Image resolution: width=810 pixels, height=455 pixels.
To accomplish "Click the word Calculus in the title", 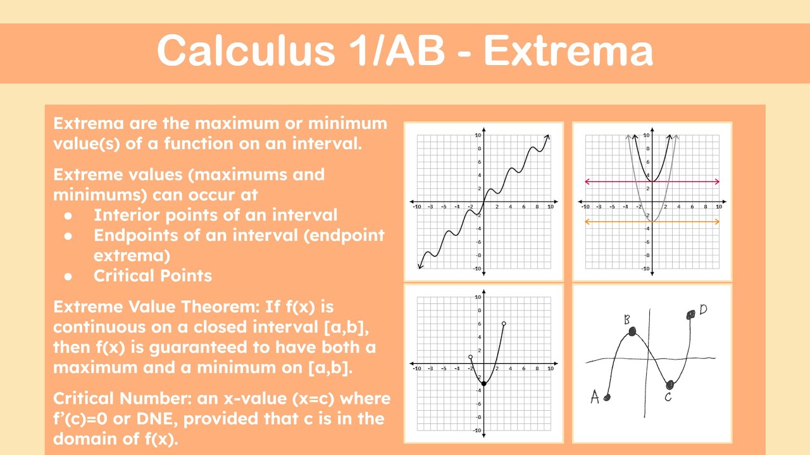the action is [x=246, y=50].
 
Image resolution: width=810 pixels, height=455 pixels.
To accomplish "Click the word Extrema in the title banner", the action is [x=568, y=50].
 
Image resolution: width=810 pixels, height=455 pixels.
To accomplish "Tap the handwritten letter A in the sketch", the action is [x=595, y=396].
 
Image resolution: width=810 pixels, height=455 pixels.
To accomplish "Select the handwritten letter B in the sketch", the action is [x=626, y=319].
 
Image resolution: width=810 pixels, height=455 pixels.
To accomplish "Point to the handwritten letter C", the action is [x=668, y=397].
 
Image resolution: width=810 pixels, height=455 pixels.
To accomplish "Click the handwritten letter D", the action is [x=703, y=309].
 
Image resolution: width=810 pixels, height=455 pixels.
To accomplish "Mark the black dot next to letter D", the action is [x=690, y=315].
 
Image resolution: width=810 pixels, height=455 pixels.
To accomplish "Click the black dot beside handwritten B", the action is [x=632, y=331].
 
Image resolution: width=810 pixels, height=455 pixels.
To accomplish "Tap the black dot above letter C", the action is [x=670, y=385].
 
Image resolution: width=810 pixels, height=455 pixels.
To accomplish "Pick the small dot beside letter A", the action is [x=607, y=397].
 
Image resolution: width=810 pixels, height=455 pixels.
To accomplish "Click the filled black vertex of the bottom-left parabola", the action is [x=484, y=384].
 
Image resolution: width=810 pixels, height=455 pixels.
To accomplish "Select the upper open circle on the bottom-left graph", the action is [x=504, y=324].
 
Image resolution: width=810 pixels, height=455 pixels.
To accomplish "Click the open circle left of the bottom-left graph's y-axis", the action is [x=470, y=357].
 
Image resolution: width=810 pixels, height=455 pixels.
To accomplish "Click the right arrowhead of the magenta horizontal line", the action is [x=717, y=181].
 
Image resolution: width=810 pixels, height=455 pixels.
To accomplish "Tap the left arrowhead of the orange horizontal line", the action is [x=587, y=221].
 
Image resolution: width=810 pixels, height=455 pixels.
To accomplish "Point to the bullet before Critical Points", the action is [x=68, y=277].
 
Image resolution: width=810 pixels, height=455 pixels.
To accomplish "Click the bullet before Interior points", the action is [x=68, y=216].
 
